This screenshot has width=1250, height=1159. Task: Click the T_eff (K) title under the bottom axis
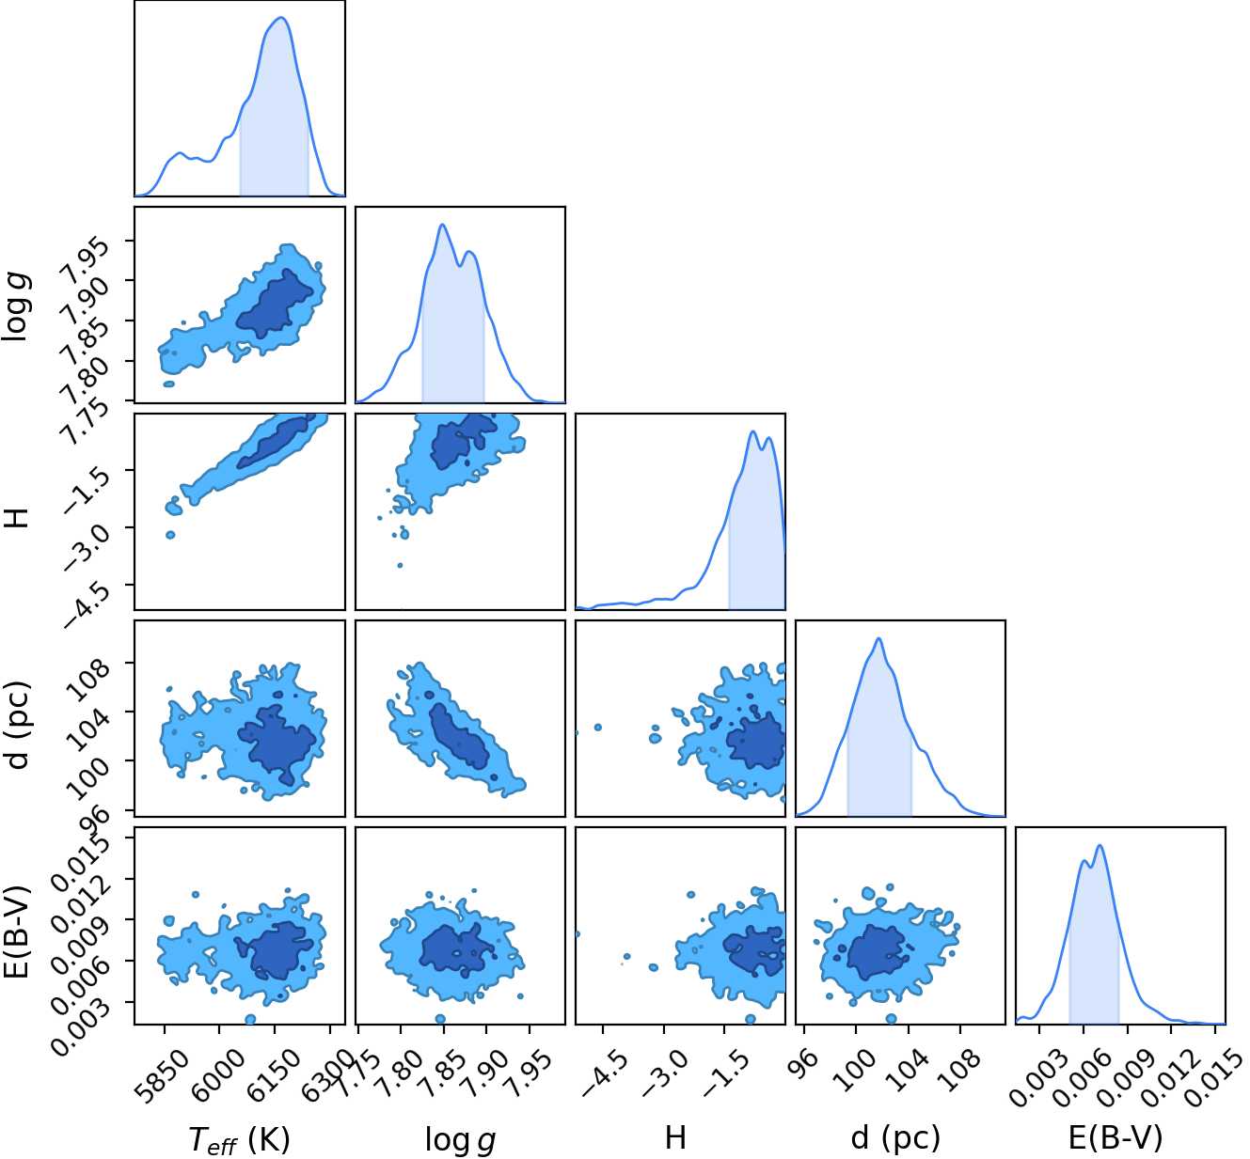click(239, 1139)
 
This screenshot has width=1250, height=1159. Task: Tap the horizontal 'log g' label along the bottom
click(460, 1139)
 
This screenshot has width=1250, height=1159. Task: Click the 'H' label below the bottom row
click(675, 1137)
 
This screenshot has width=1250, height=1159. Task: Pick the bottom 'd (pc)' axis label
click(895, 1138)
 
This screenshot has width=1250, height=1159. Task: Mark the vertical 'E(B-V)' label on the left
click(17, 932)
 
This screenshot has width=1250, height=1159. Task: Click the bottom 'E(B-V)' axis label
click(1116, 1137)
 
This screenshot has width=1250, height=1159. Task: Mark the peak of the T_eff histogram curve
click(281, 18)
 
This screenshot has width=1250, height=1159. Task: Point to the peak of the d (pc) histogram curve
click(878, 638)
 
